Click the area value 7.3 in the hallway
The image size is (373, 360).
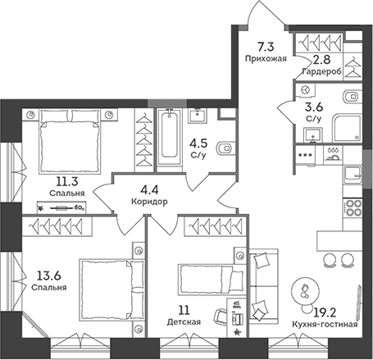coord(266,47)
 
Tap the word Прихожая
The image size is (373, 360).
coord(266,58)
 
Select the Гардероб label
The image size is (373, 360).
coord(322,71)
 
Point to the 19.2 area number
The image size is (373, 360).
coord(325,312)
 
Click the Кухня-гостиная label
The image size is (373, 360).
coord(325,325)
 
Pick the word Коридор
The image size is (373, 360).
coord(149,202)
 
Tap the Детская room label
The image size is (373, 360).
coord(184,322)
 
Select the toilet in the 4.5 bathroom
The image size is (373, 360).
coord(226,148)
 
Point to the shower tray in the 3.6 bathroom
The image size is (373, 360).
coord(347,128)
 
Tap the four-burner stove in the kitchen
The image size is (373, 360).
coord(353,208)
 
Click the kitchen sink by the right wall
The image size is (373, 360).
coord(353,175)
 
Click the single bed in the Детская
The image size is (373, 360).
coord(211,280)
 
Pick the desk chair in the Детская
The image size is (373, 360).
coord(221,317)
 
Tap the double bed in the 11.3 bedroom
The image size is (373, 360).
coord(70,141)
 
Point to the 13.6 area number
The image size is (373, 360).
coord(49,276)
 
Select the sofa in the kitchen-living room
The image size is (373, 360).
coord(264,286)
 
